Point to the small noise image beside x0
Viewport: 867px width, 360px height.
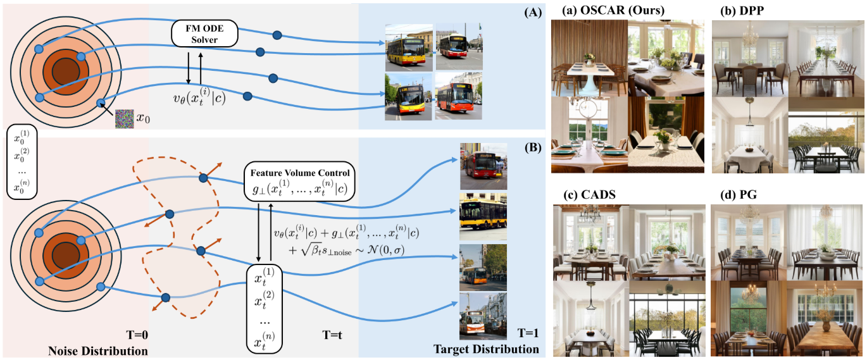(125, 118)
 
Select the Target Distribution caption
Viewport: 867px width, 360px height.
(486, 349)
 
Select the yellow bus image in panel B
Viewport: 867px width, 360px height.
(483, 217)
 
